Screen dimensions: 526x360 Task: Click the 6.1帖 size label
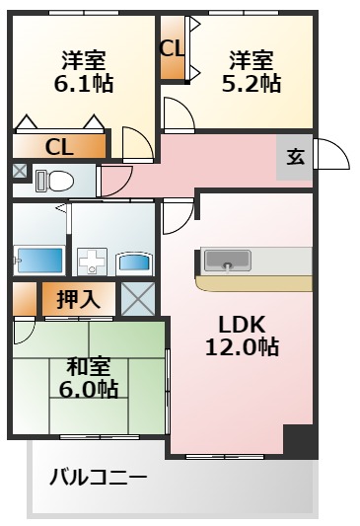coord(83,84)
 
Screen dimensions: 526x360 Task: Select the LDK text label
coord(241,326)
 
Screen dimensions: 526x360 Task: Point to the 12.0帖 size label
coord(241,347)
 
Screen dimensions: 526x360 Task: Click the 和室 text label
coord(86,366)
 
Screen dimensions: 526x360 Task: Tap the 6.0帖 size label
coord(86,388)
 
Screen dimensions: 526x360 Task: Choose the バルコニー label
coord(99,478)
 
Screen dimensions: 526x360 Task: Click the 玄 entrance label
coord(295,156)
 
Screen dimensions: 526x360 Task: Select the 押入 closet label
coord(78,299)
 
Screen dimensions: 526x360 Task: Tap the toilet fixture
coord(55,181)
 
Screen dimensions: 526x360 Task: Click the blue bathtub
coord(38,261)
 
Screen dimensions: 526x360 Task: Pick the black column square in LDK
coord(299,440)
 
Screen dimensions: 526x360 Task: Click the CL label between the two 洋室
coord(172,46)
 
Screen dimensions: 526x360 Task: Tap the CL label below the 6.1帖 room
coord(59,147)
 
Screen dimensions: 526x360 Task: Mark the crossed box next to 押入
coord(137,298)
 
